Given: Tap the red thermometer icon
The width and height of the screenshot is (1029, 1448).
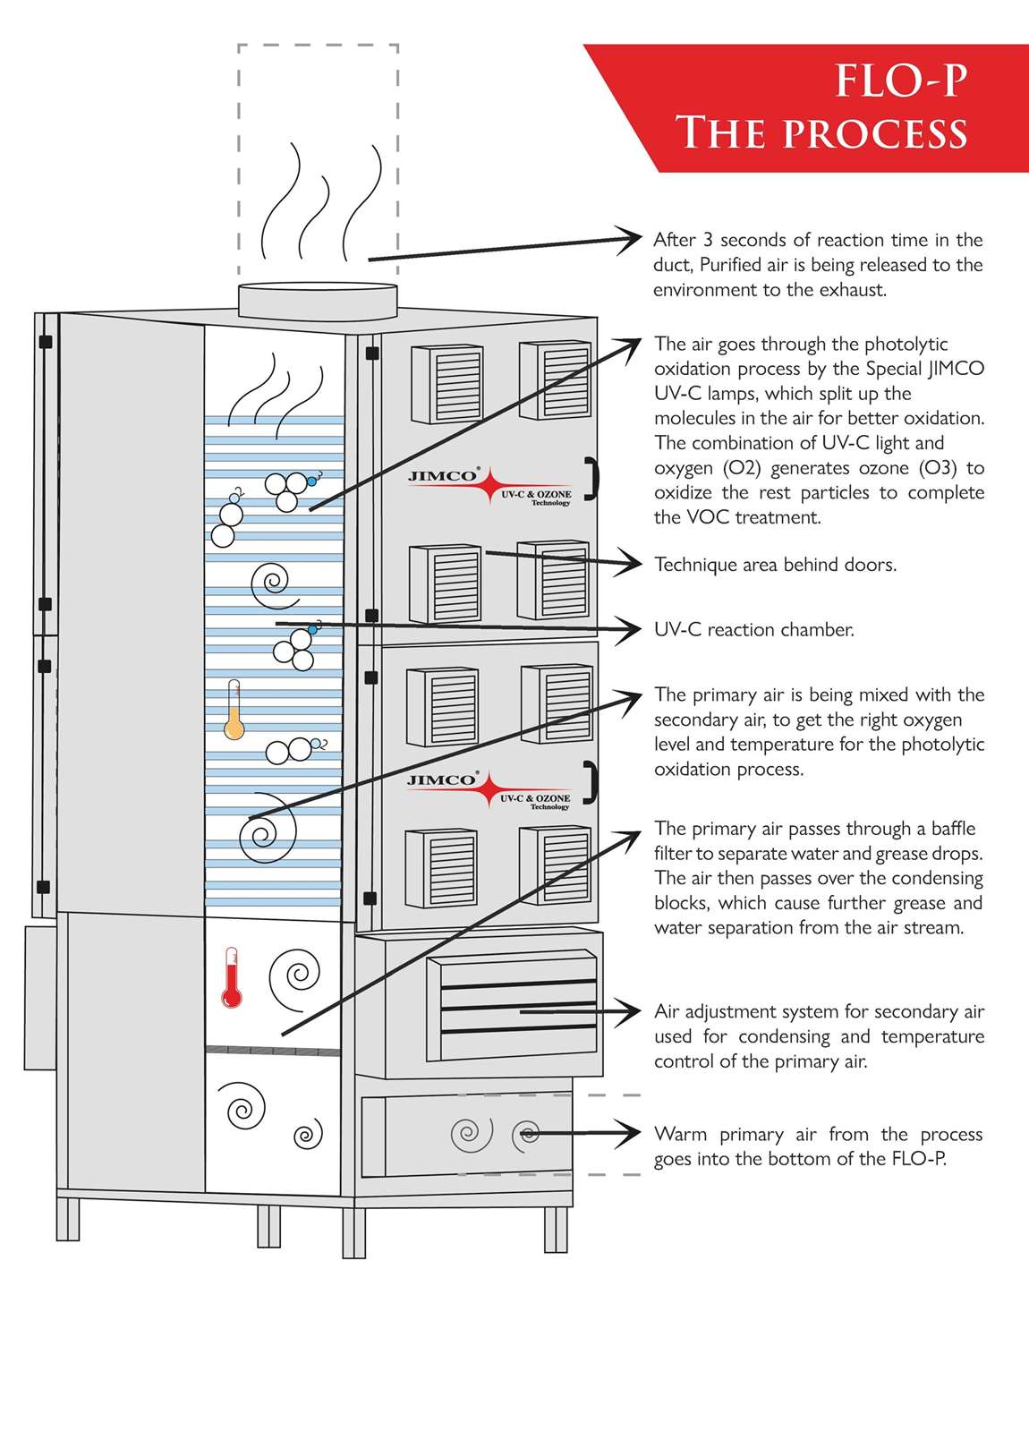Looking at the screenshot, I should tap(232, 977).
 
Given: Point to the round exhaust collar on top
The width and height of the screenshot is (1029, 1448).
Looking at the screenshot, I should tap(318, 301).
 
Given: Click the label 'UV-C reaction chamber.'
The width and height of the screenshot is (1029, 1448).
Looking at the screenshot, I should tap(753, 630).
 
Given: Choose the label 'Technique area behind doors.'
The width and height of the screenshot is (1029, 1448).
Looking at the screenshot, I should tap(775, 565).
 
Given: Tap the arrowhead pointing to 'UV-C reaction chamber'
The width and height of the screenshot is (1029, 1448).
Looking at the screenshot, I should tap(630, 630).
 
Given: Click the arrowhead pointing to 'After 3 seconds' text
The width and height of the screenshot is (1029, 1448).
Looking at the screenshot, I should tap(630, 239).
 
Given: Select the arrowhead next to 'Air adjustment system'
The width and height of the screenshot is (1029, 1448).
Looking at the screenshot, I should tap(630, 1011).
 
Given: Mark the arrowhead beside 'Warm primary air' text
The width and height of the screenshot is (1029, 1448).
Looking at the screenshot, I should tap(630, 1133).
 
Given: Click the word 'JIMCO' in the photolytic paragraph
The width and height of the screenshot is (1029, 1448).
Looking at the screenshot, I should tap(956, 369).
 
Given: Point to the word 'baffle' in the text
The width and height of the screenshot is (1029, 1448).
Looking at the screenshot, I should tap(953, 829).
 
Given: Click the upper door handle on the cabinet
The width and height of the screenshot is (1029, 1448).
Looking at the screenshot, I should tap(591, 479).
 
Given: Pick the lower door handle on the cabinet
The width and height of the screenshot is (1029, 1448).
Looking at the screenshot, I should tap(591, 783).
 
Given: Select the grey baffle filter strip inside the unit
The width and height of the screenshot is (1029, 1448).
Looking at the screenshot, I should tap(273, 1050).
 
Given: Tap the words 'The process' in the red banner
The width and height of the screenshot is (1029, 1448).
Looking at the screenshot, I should tap(821, 133).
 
